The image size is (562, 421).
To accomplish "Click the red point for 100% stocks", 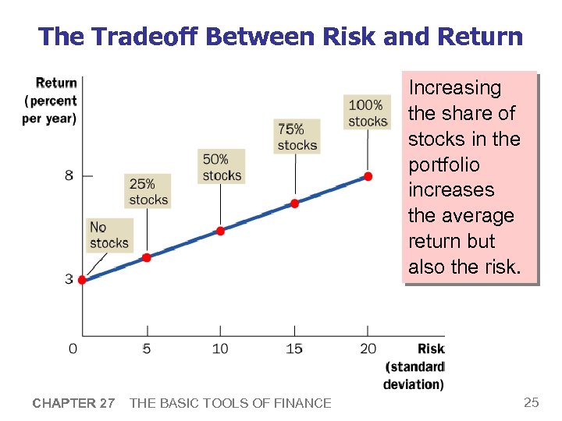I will pyautogui.click(x=368, y=176).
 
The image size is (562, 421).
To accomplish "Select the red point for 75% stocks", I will pyautogui.click(x=294, y=203).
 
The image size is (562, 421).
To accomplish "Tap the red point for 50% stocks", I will pyautogui.click(x=220, y=231).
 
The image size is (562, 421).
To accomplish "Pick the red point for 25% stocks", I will pyautogui.click(x=146, y=257).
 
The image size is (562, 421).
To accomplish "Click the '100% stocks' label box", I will pyautogui.click(x=367, y=112).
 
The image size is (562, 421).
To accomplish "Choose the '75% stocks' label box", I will pyautogui.click(x=297, y=136).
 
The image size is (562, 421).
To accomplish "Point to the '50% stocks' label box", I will pyautogui.click(x=222, y=167).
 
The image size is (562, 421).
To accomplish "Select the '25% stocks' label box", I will pyautogui.click(x=148, y=192).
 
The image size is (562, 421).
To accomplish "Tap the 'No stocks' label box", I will pyautogui.click(x=108, y=235).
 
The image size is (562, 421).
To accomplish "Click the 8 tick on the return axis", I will pyautogui.click(x=69, y=175).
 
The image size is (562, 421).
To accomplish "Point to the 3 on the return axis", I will pyautogui.click(x=69, y=279).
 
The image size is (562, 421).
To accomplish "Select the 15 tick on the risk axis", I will pyautogui.click(x=294, y=348).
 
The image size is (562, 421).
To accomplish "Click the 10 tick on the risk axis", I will pyautogui.click(x=220, y=348).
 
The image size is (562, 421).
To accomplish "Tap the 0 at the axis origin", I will pyautogui.click(x=73, y=348).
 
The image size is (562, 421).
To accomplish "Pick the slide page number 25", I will pyautogui.click(x=531, y=402).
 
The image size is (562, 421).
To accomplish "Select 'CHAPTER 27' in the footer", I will pyautogui.click(x=73, y=403).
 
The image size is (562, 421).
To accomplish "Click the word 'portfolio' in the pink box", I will pyautogui.click(x=443, y=165).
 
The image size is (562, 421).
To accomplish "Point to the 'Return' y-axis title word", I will pyautogui.click(x=56, y=83).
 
